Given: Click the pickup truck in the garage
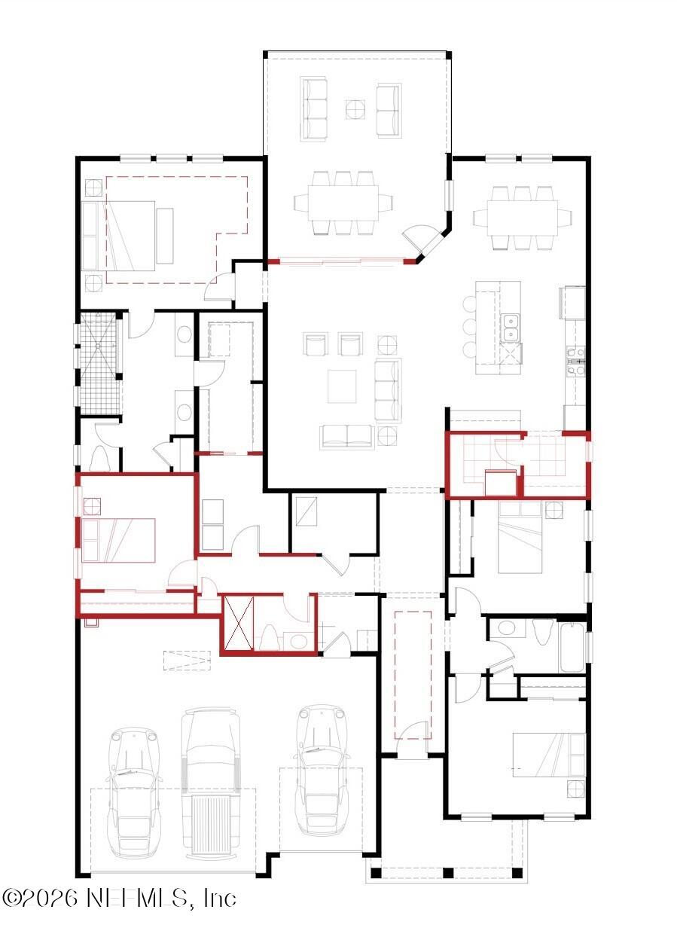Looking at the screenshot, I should coord(210,783).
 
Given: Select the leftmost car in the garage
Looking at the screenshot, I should coord(136,791).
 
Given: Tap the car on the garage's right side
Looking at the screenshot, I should coord(323,768).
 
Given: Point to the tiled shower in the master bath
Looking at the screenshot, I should coord(99,362).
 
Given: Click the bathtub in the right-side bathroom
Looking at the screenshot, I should coord(572,645).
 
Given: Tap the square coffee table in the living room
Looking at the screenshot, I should coord(342,386).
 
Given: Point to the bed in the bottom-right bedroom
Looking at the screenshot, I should coord(548,754).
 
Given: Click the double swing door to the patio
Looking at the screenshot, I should coord(425,240).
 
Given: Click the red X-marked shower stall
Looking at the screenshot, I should coord(239,622).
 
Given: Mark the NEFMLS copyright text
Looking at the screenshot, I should coord(119,898).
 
